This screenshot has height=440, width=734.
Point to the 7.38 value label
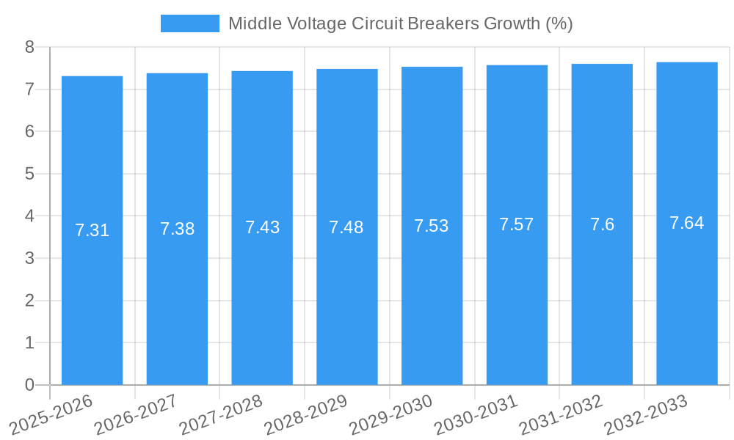[x=177, y=229]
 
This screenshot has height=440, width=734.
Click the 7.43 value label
[x=262, y=227]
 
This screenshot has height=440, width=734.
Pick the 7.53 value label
[x=432, y=226]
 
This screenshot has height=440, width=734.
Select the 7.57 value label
[x=517, y=224]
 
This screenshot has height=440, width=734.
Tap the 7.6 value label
[x=602, y=224]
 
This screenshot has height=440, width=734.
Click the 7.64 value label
[x=687, y=223]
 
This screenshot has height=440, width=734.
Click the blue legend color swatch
[x=189, y=23]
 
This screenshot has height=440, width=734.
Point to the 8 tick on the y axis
[x=29, y=48]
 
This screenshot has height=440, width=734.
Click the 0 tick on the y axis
[x=29, y=385]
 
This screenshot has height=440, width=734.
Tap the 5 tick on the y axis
[x=29, y=174]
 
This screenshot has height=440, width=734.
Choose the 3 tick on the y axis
[x=29, y=258]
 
